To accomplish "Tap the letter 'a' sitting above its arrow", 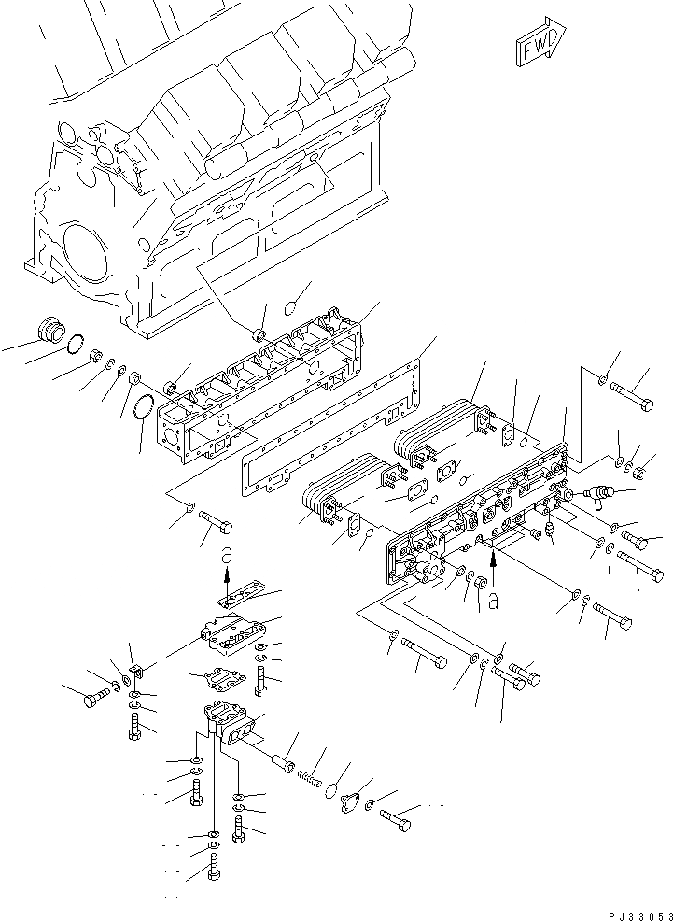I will click(226, 558).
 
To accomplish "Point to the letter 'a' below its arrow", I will click(493, 603).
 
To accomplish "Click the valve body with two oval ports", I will click(233, 725).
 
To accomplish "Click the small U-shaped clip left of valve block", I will click(133, 670).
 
